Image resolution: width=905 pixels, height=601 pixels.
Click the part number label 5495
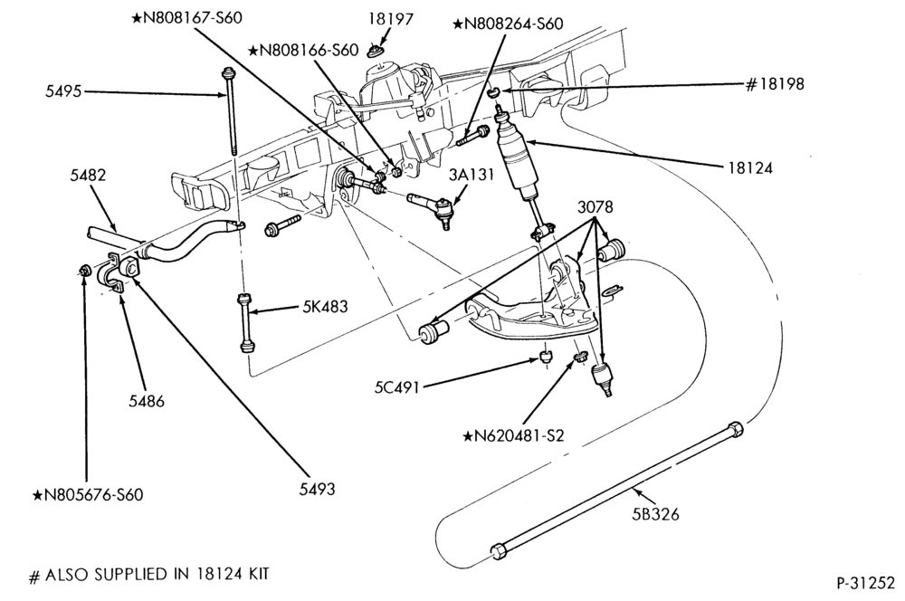tap(64, 91)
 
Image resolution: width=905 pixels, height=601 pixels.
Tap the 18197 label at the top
tap(391, 20)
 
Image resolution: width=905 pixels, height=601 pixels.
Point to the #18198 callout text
tap(775, 84)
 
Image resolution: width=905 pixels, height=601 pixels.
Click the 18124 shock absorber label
tap(750, 168)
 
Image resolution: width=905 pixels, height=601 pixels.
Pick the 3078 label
tap(595, 207)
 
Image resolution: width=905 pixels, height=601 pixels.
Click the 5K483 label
tap(325, 307)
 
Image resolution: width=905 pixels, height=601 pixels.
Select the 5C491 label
tap(396, 386)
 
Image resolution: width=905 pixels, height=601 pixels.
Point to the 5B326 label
tap(655, 514)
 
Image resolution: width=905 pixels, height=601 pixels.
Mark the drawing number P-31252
tap(865, 584)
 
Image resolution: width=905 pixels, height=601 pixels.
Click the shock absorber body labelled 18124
tap(517, 161)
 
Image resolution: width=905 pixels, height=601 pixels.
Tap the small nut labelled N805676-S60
tap(84, 269)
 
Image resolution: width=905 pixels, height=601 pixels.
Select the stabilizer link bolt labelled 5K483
tap(246, 323)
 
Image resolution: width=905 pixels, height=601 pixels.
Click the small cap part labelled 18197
tap(376, 52)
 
